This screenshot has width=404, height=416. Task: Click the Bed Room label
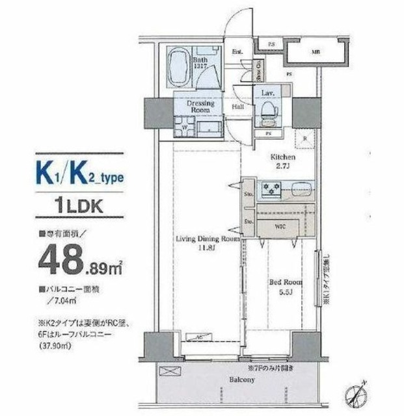tap(284, 286)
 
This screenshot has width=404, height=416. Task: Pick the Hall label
tap(237, 107)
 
